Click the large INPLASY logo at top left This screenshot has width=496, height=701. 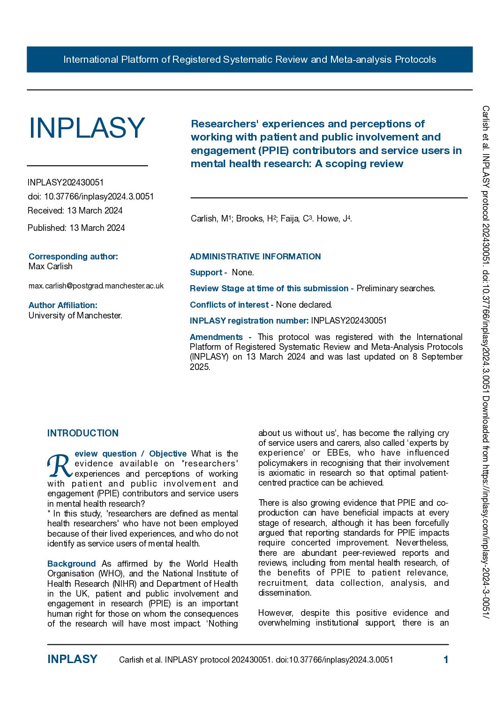point(87,128)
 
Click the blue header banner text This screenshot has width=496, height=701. point(249,59)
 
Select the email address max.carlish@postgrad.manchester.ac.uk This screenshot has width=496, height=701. point(96,286)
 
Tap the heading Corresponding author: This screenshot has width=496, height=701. point(73,256)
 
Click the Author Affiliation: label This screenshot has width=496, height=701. point(63,305)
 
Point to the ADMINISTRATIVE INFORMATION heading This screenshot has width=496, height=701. point(255,257)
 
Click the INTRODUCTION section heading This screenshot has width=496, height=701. point(83,433)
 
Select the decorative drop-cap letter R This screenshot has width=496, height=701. point(59,466)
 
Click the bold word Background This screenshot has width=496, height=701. point(71,564)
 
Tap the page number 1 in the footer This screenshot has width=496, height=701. point(446,660)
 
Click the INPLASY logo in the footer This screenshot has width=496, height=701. point(72,659)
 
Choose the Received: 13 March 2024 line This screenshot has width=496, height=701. point(75,211)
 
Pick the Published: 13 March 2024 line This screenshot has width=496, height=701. point(76,228)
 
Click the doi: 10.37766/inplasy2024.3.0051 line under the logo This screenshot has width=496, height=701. point(90,197)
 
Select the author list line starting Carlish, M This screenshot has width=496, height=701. point(271,219)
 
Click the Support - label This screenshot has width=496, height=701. point(208,273)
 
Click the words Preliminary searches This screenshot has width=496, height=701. point(396,288)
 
